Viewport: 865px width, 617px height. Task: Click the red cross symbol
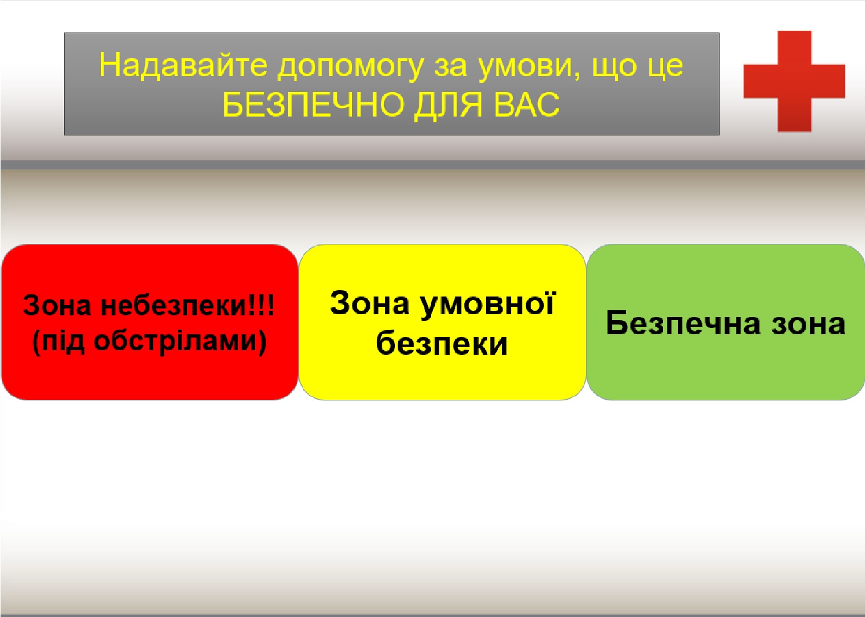tap(794, 81)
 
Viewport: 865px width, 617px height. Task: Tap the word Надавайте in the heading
tap(183, 65)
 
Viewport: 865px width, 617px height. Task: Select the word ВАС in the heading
tap(527, 105)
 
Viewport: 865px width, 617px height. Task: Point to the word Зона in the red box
tap(57, 306)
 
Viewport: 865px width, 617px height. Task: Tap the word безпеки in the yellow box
tap(442, 343)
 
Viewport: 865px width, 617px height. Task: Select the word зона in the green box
tap(809, 324)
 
